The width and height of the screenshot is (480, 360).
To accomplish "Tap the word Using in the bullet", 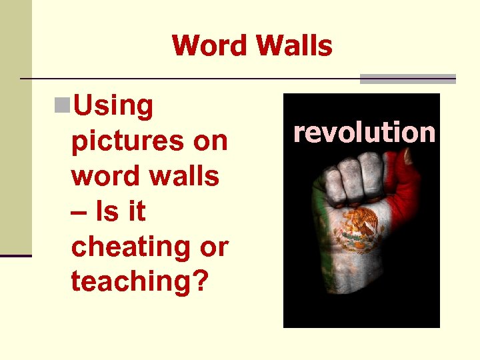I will point(113,106).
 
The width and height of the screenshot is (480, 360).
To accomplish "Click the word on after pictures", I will point(210,141).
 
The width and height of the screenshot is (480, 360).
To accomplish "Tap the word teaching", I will point(131,281).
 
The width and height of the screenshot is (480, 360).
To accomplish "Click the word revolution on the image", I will point(364,132).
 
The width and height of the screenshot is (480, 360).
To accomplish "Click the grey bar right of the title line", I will point(407,79).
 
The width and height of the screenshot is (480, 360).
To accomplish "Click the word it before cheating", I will point(136,211).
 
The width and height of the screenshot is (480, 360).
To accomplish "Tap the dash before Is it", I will point(78,213).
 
